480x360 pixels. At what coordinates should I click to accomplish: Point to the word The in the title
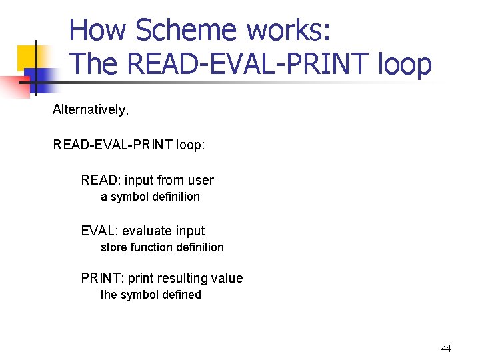click(93, 64)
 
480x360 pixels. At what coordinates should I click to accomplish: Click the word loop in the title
click(405, 64)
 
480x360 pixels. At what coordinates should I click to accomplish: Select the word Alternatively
click(90, 109)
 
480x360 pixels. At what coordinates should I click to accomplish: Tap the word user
click(201, 180)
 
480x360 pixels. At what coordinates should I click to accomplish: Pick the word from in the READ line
click(170, 180)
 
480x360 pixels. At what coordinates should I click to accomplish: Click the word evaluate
click(147, 231)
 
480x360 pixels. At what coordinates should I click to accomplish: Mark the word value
click(227, 278)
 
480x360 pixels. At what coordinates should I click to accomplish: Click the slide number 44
click(446, 349)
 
